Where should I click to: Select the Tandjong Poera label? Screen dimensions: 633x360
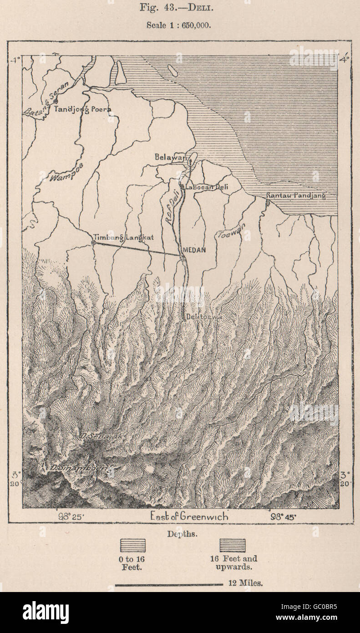(x=82, y=109)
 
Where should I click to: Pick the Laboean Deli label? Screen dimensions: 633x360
(x=205, y=187)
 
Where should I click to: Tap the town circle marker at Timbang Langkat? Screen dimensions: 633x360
(x=93, y=243)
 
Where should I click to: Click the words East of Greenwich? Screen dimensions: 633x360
(x=189, y=517)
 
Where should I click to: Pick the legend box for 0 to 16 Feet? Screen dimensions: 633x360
(x=132, y=545)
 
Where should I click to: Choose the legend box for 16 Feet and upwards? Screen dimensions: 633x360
(x=233, y=545)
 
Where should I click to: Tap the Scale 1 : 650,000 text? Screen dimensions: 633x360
(x=178, y=26)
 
